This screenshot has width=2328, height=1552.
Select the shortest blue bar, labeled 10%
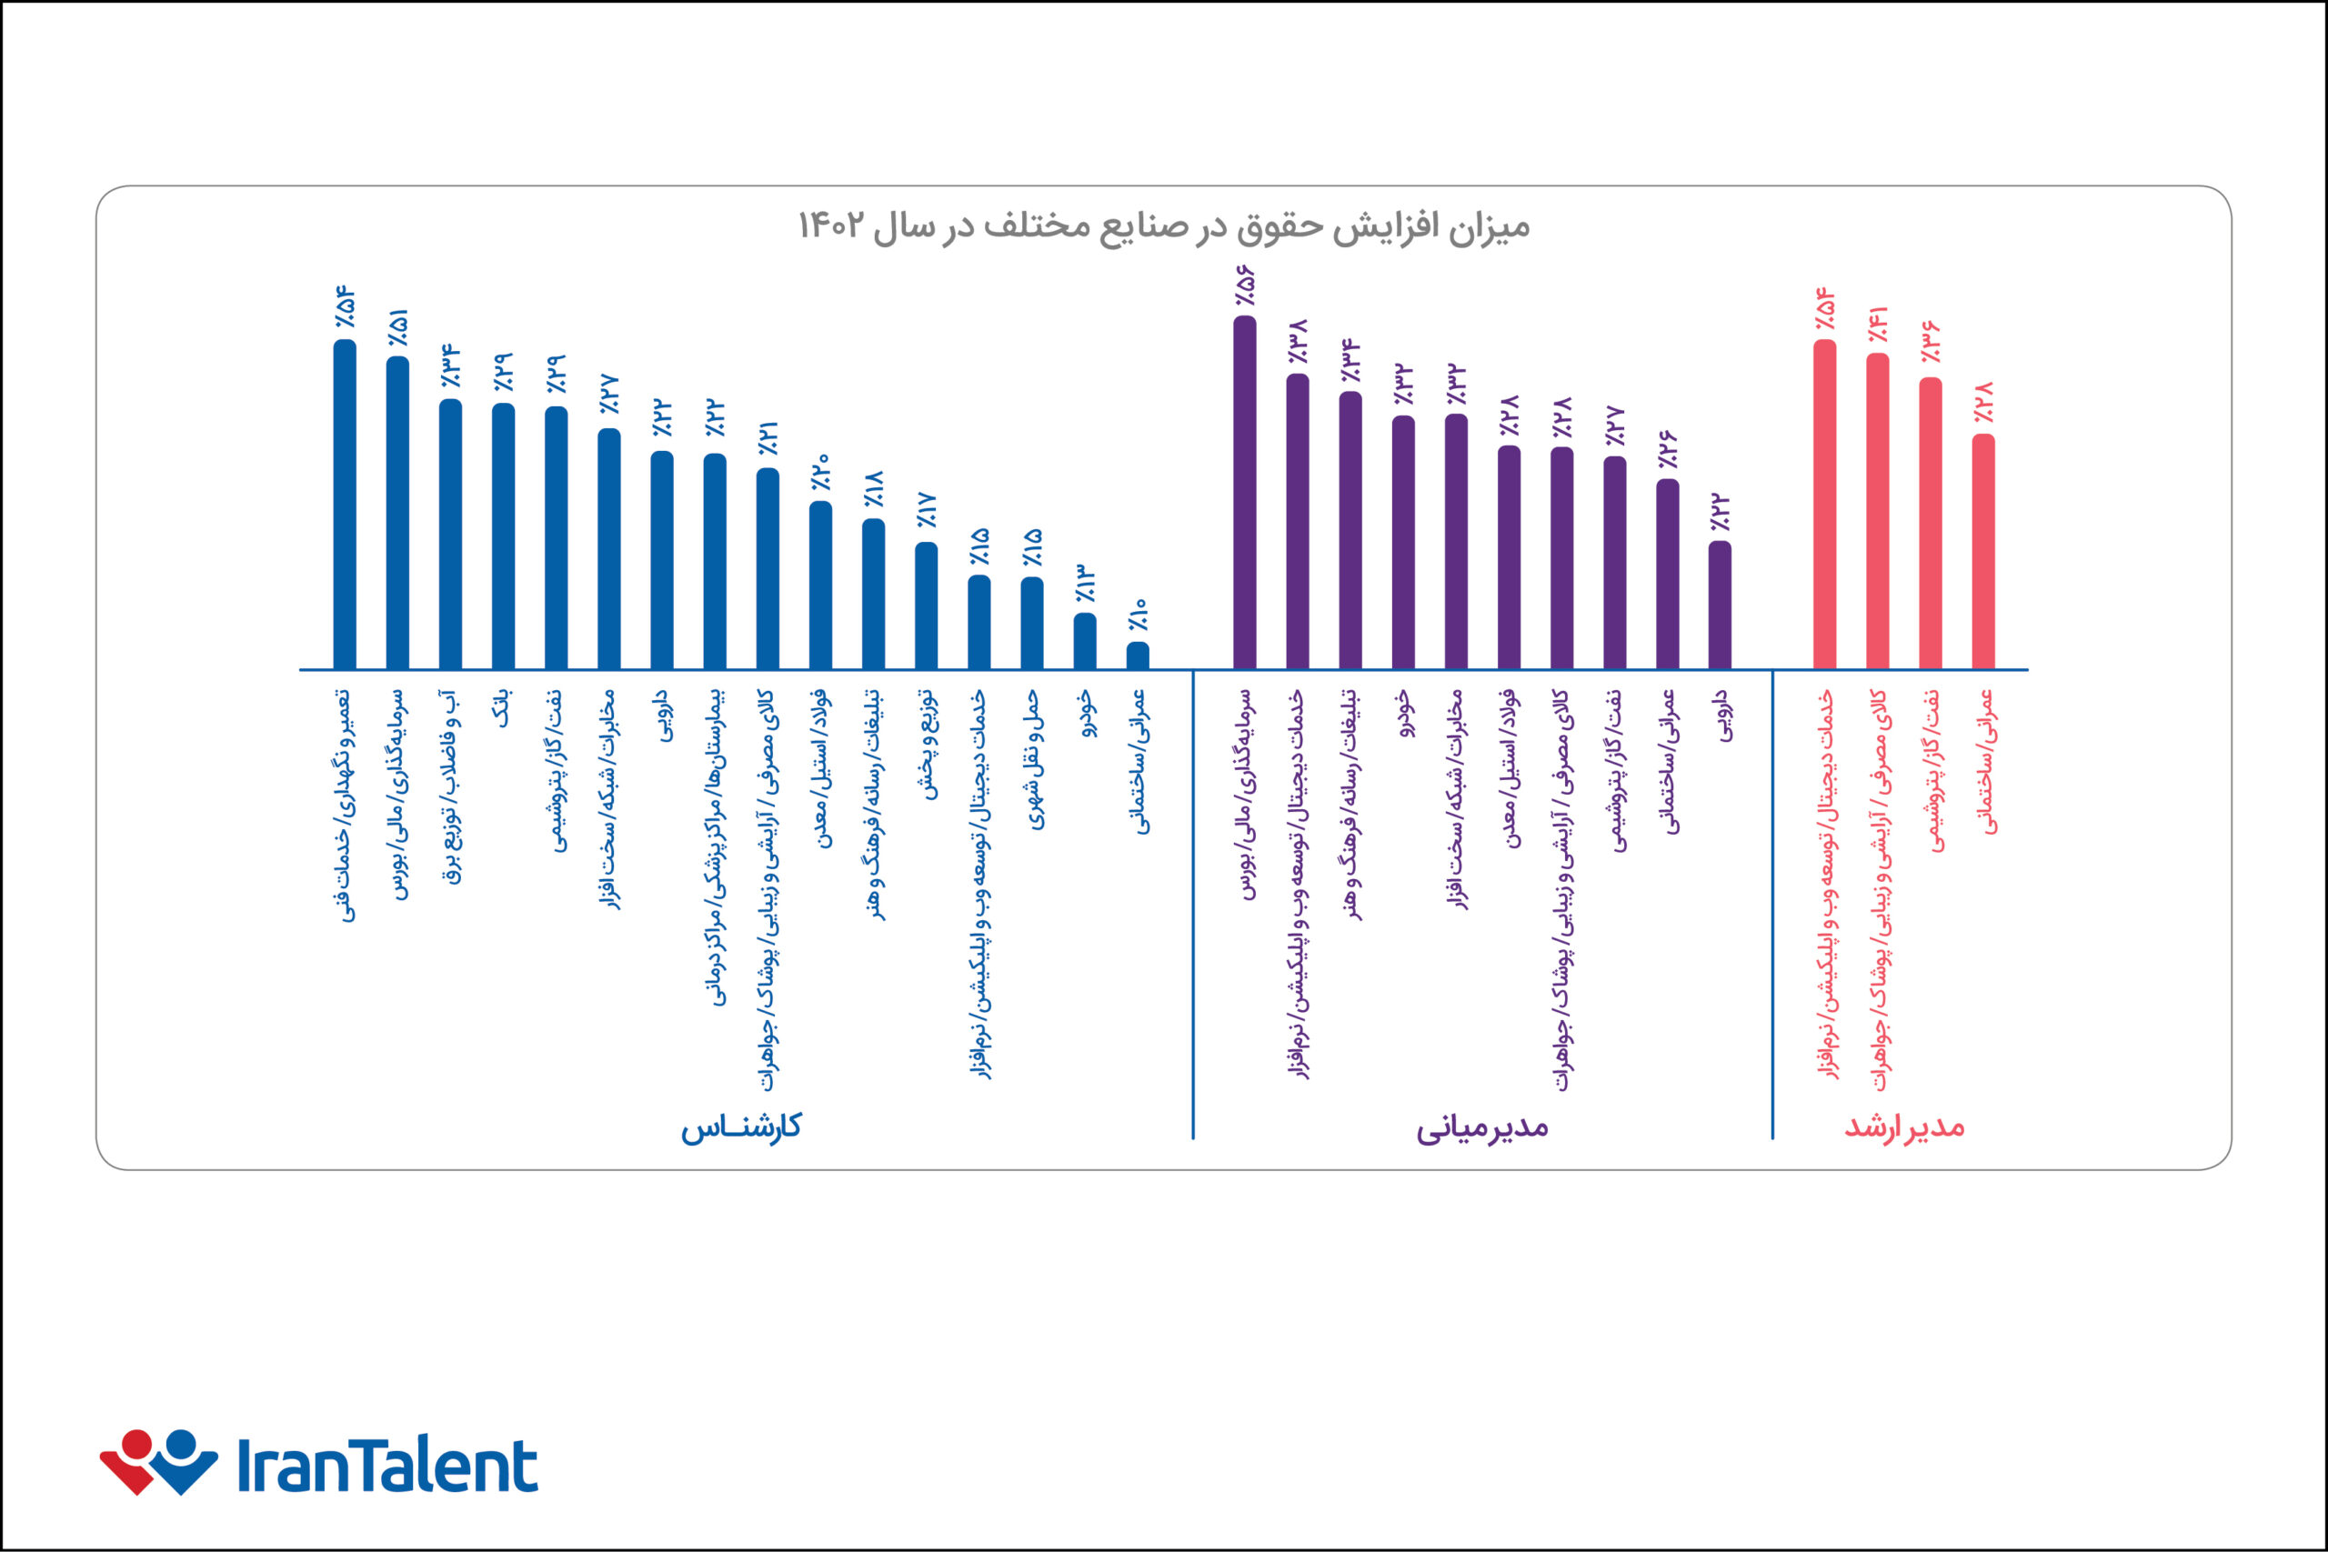(1139, 656)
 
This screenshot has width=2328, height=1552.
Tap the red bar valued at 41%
(1877, 511)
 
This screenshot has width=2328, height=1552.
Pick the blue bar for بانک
(503, 536)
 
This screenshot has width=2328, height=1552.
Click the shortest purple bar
(1721, 605)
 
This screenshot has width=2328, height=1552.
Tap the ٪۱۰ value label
(1139, 614)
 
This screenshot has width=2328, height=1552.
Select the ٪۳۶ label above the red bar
(1930, 343)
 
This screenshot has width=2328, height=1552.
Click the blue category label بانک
(504, 710)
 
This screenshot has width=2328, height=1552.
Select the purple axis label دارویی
(1721, 716)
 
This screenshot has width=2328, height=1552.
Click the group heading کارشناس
(740, 1127)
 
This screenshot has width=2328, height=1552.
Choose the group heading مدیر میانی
(1480, 1127)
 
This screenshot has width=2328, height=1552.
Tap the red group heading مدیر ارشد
(1903, 1127)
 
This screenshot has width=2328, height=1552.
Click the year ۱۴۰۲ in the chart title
(831, 226)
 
